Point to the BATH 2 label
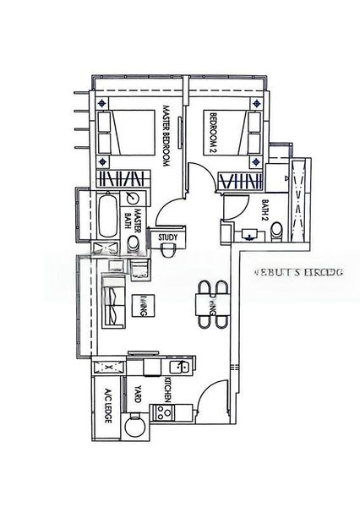tap(265, 208)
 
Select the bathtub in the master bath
tap(108, 216)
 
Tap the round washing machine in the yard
tap(134, 428)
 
